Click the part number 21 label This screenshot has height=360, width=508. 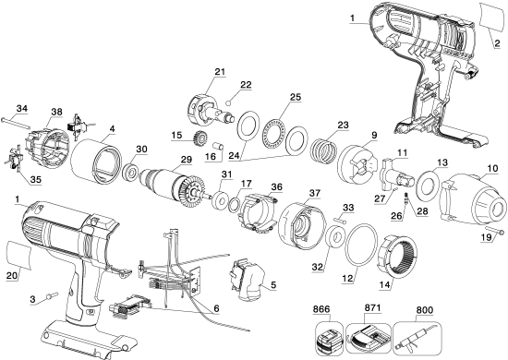click(x=220, y=73)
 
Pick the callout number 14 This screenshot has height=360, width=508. click(x=379, y=286)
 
